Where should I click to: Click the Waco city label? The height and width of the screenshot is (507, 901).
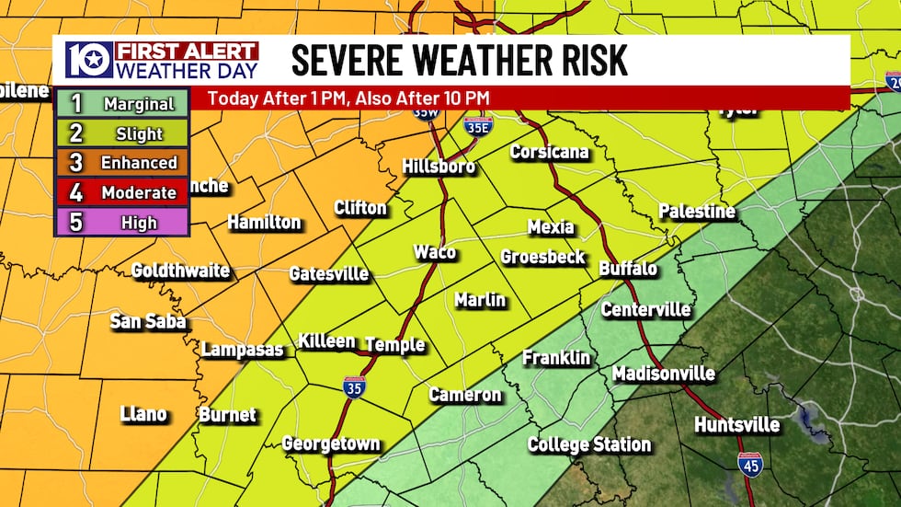tap(434, 252)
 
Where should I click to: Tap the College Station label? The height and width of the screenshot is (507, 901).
tap(588, 444)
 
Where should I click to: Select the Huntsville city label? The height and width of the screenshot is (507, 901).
tap(736, 425)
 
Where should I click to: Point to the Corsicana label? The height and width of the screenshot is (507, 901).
tap(549, 152)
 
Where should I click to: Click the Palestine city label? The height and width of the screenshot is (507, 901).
tap(697, 212)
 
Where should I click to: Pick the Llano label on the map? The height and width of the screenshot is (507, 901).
tap(143, 414)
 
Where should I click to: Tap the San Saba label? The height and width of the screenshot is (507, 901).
tap(148, 321)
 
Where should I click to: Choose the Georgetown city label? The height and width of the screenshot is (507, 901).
tap(330, 444)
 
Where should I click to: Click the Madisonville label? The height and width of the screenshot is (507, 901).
tap(663, 374)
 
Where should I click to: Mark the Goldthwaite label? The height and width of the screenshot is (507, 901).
tap(180, 271)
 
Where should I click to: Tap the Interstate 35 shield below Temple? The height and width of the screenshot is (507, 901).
tap(354, 386)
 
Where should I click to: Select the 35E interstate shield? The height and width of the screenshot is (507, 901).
tap(477, 126)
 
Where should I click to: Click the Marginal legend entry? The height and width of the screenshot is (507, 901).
tap(122, 103)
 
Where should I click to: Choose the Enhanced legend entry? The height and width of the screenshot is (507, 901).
tap(122, 163)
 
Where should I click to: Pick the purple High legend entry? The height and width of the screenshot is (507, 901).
tap(122, 223)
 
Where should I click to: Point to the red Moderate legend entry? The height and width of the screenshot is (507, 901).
tap(122, 192)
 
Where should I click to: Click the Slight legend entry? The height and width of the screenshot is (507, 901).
tap(122, 133)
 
